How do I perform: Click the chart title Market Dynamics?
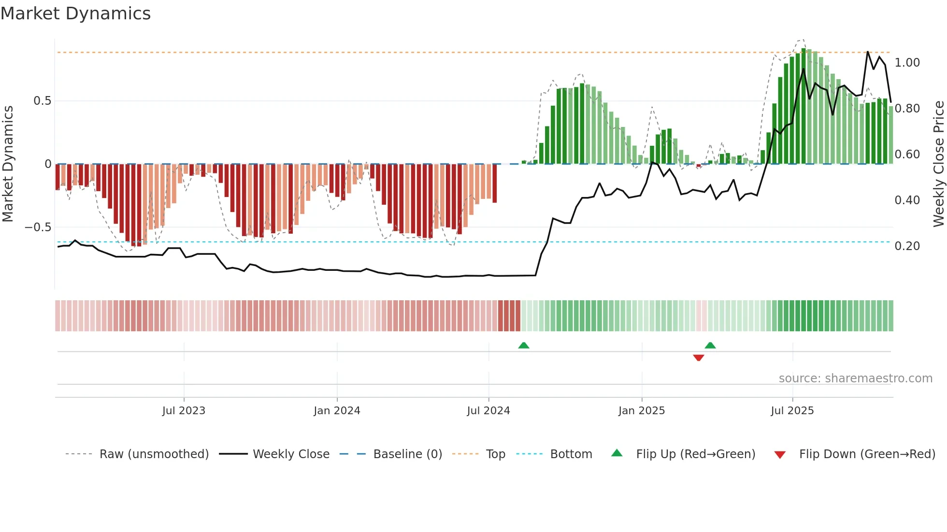tap(75, 14)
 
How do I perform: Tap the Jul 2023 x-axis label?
tap(184, 411)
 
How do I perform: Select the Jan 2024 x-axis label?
tap(337, 411)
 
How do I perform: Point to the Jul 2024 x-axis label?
tap(488, 411)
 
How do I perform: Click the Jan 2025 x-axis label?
tap(642, 411)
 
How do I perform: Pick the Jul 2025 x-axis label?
tap(792, 411)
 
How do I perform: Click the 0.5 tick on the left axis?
tap(42, 101)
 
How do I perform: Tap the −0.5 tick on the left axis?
tap(38, 227)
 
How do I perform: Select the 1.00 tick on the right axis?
tap(907, 63)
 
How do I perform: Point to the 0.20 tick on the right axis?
tap(907, 246)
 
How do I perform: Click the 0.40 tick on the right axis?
tap(907, 200)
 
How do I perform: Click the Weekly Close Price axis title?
tap(938, 164)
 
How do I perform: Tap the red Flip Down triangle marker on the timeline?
tap(698, 358)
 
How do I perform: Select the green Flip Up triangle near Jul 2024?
tap(524, 345)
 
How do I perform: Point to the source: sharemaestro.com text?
tap(855, 378)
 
